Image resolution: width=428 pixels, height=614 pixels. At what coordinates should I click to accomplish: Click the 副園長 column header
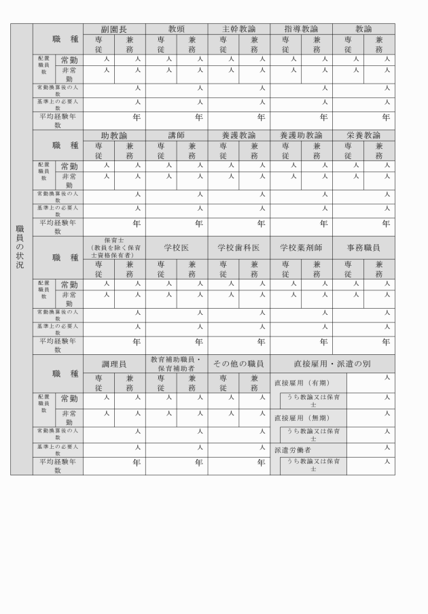click(114, 29)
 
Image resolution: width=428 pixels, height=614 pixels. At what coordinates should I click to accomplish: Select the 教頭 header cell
click(177, 29)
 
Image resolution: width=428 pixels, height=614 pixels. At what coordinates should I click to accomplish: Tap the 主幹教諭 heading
click(238, 29)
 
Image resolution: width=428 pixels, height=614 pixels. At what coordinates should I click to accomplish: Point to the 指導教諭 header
click(301, 29)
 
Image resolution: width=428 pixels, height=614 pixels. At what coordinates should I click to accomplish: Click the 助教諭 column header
click(114, 135)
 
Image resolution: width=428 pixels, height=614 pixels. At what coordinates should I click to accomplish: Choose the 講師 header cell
click(177, 135)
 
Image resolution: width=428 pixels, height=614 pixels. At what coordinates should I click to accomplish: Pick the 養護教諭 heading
click(238, 135)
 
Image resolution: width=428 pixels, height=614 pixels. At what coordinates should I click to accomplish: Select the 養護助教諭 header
click(301, 135)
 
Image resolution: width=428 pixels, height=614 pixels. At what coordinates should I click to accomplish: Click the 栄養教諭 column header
click(363, 135)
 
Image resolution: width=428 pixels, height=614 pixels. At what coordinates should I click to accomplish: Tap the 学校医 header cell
click(177, 248)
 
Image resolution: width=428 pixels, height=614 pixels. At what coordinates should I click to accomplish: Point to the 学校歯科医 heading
click(238, 248)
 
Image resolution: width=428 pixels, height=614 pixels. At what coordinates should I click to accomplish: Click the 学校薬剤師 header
click(301, 248)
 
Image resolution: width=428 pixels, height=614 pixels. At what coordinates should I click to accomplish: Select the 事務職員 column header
click(363, 248)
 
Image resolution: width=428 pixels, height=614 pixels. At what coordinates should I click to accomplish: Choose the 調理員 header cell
click(114, 364)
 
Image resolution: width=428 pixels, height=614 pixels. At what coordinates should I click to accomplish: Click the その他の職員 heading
click(238, 364)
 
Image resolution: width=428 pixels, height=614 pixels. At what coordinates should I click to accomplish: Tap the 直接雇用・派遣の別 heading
click(332, 364)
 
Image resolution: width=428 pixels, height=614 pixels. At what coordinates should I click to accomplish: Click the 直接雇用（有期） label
click(301, 383)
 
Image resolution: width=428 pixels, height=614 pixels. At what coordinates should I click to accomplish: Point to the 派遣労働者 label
click(293, 449)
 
